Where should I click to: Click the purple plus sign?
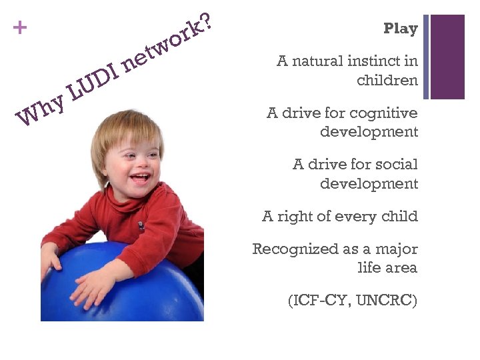pyautogui.click(x=21, y=28)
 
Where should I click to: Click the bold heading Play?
pyautogui.click(x=401, y=29)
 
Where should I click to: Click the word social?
pyautogui.click(x=397, y=164)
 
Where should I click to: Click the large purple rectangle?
pyautogui.click(x=447, y=57)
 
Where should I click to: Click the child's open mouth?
pyautogui.click(x=141, y=178)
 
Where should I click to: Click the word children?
pyautogui.click(x=387, y=81)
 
